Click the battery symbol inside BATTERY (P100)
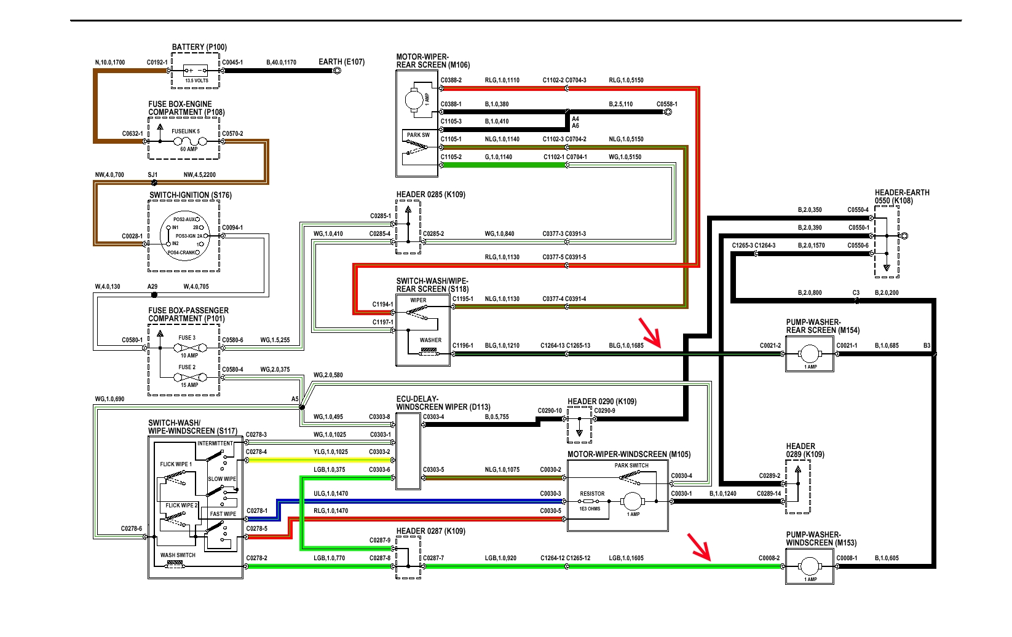tap(196, 70)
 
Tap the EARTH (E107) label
tap(341, 62)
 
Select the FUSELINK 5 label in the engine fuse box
tap(186, 131)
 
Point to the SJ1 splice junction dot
tap(154, 182)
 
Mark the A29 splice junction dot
tap(154, 295)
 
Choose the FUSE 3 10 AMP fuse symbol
tap(186, 348)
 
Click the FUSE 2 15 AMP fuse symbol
tap(186, 377)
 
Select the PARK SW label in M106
tap(418, 135)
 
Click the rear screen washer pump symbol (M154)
tap(809, 354)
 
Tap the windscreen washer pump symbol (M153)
tap(809, 566)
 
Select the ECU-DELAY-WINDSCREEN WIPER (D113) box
tap(408, 451)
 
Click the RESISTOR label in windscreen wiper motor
tap(592, 494)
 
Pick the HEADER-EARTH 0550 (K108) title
tap(902, 197)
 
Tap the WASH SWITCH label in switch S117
tap(178, 555)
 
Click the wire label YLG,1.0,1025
tap(331, 452)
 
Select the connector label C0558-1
tap(666, 104)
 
